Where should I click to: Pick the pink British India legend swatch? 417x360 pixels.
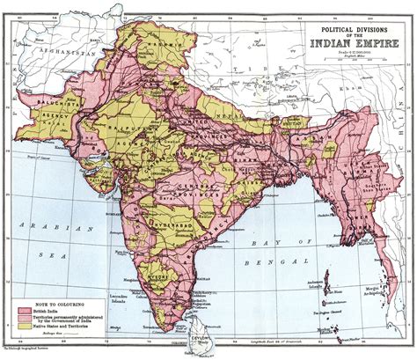27,312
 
